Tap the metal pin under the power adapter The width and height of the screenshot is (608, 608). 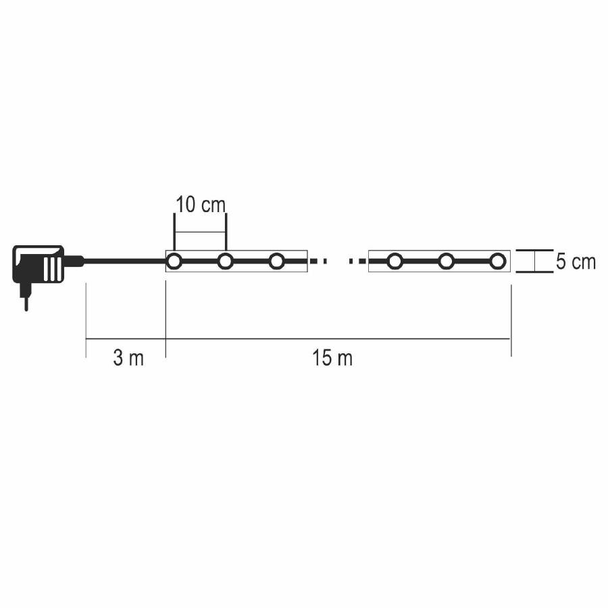click(x=26, y=298)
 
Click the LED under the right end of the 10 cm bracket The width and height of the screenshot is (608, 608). click(x=225, y=261)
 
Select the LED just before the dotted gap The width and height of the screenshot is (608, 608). click(x=276, y=261)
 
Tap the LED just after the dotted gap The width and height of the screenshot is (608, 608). click(x=395, y=261)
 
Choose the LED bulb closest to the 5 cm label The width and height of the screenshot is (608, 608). click(x=497, y=261)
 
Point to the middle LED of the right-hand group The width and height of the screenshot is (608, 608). click(x=446, y=261)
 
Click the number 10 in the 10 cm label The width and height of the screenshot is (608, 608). click(x=186, y=205)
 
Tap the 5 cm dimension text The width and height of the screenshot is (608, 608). click(x=576, y=262)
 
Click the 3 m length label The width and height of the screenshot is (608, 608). click(x=128, y=358)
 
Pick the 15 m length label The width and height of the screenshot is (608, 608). click(x=332, y=358)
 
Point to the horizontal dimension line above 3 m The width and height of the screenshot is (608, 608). click(x=126, y=338)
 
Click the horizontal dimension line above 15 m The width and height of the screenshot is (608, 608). click(x=338, y=338)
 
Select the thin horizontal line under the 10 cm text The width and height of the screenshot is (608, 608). click(x=200, y=232)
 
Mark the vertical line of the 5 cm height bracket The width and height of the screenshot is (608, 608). click(x=535, y=261)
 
